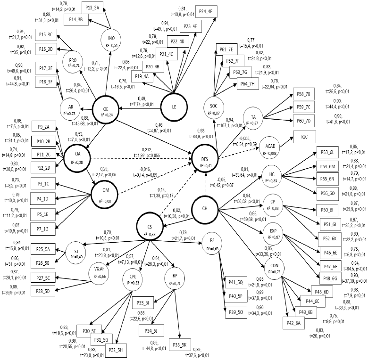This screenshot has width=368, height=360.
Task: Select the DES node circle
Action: pos(206,157)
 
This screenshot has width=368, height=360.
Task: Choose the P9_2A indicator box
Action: pos(44,127)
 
